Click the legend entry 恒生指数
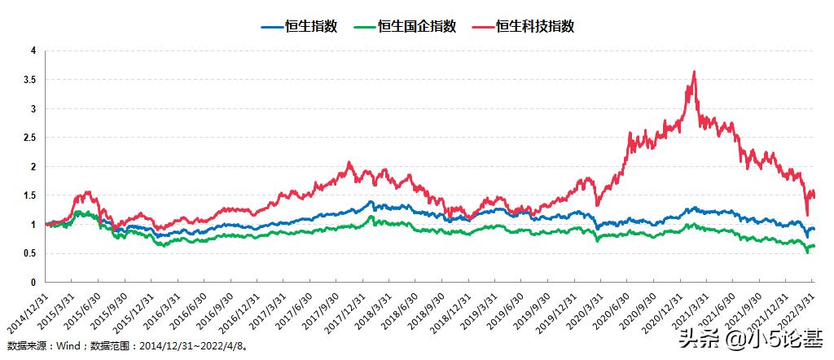[x=312, y=26]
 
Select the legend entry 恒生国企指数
[x=417, y=26]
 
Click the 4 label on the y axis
[x=33, y=50]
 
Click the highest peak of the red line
[x=694, y=72]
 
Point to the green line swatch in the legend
[x=366, y=26]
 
